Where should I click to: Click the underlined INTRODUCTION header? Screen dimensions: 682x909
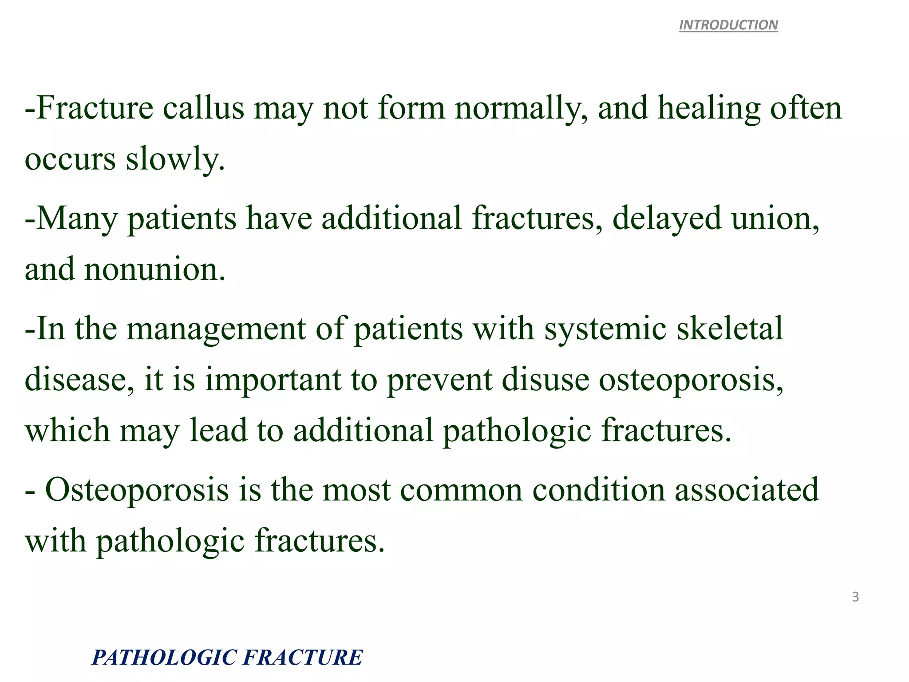(x=728, y=25)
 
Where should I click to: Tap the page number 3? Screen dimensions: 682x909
(x=855, y=597)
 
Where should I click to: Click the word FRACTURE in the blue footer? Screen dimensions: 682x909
(x=303, y=658)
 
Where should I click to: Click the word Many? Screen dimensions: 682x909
(x=77, y=219)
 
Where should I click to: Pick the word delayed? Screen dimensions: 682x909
(x=667, y=219)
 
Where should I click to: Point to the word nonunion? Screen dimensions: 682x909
(x=155, y=270)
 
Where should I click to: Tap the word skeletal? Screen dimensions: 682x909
(x=730, y=329)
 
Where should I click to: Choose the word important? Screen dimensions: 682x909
(x=273, y=380)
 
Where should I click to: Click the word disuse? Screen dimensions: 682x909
(x=545, y=380)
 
